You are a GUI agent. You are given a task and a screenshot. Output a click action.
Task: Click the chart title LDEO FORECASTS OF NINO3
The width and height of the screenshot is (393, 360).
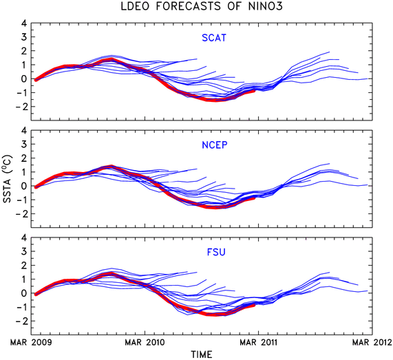pyautogui.click(x=202, y=6)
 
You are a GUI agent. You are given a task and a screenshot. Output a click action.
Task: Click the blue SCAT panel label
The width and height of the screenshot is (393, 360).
pyautogui.click(x=214, y=38)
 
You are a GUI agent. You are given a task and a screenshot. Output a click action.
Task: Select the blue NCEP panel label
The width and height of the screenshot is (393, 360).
pyautogui.click(x=215, y=145)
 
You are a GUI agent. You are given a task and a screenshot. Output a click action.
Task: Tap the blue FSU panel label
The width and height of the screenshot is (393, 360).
pyautogui.click(x=216, y=252)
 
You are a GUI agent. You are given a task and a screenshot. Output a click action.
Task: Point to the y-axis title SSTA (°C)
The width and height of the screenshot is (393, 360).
pyautogui.click(x=8, y=178)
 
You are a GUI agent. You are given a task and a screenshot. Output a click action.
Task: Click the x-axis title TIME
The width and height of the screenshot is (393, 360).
pyautogui.click(x=202, y=354)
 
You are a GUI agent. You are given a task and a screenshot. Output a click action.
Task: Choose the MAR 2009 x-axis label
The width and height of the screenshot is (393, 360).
pyautogui.click(x=31, y=342)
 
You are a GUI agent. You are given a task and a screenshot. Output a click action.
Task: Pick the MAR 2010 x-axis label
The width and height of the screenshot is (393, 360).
pyautogui.click(x=145, y=342)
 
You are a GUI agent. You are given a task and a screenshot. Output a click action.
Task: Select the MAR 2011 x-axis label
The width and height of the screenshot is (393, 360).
pyautogui.click(x=258, y=342)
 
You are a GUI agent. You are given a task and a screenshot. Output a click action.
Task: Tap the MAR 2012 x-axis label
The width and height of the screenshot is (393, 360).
pyautogui.click(x=372, y=342)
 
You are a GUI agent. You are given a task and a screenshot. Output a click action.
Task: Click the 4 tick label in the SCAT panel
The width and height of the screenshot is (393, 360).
pyautogui.click(x=23, y=23)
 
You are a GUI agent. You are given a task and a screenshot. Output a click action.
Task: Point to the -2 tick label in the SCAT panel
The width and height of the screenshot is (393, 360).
pyautogui.click(x=21, y=107)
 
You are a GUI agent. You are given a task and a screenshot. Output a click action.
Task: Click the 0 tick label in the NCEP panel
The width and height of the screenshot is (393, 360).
pyautogui.click(x=23, y=186)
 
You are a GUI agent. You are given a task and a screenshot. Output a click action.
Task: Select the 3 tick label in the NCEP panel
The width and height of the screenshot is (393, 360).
pyautogui.click(x=23, y=145)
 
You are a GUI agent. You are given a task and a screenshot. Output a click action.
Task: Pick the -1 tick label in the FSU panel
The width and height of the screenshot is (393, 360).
pyautogui.click(x=21, y=307)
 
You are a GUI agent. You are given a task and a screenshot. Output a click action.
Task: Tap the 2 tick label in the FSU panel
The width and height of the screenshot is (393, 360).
pyautogui.click(x=23, y=266)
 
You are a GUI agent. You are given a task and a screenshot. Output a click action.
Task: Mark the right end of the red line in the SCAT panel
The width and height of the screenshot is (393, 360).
pyautogui.click(x=255, y=91)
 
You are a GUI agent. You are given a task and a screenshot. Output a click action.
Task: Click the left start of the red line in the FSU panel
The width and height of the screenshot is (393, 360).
pyautogui.click(x=36, y=295)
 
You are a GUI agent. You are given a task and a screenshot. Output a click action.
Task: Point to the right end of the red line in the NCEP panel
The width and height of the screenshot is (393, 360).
pyautogui.click(x=255, y=198)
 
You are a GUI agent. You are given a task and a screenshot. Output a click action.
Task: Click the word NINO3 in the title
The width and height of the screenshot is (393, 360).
pyautogui.click(x=266, y=6)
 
